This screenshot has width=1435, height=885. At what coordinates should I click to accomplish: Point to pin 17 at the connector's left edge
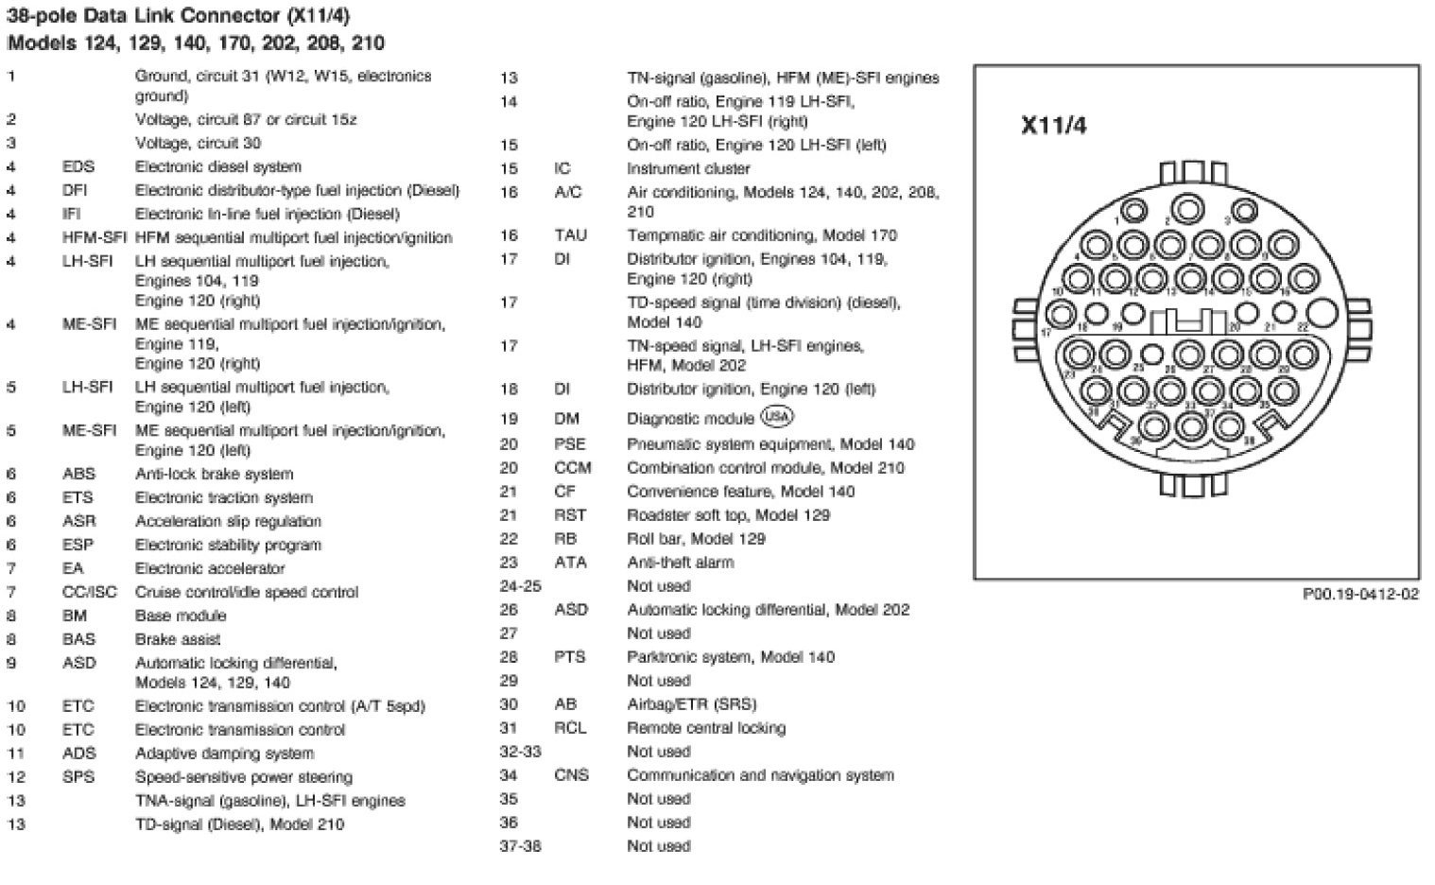point(1061,315)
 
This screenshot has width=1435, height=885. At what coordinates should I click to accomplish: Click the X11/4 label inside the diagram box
point(1054,126)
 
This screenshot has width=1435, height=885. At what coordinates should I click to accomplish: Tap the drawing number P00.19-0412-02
point(1360,595)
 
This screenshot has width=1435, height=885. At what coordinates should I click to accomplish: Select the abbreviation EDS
point(78,166)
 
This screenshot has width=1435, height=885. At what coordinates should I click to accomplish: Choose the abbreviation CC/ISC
point(90,592)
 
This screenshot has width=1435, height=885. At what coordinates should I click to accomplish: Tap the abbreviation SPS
point(78,777)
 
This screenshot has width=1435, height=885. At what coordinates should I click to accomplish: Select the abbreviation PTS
point(570,657)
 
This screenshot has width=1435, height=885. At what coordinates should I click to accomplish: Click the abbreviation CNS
point(571,775)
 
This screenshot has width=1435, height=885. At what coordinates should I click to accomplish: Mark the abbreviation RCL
point(570,728)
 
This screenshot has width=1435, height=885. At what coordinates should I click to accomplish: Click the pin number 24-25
point(520,586)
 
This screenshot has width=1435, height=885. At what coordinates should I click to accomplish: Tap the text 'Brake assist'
point(178,639)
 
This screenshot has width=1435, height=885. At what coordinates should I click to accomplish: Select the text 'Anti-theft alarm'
point(681,563)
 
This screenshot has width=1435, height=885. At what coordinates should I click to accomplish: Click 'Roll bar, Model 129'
point(697,539)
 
